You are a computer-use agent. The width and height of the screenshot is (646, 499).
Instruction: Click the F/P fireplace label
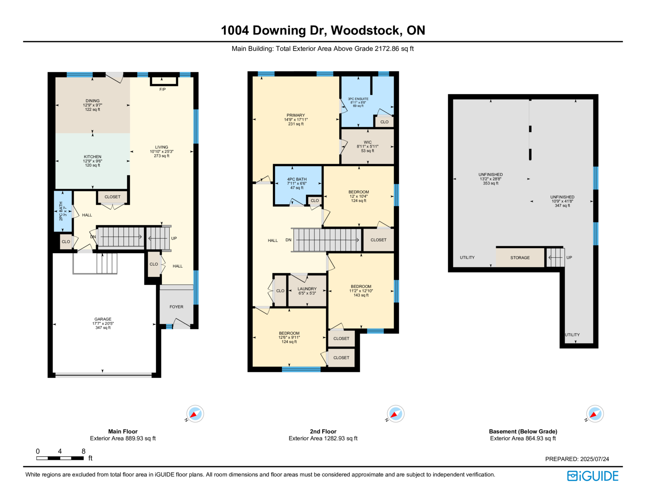[x=162, y=90]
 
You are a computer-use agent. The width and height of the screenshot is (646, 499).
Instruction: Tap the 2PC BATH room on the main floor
[x=63, y=211]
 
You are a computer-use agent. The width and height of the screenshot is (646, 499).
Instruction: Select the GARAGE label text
[x=103, y=319]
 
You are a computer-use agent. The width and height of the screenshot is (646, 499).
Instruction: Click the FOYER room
[x=176, y=307]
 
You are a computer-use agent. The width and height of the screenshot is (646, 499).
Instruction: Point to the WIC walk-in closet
[x=367, y=146]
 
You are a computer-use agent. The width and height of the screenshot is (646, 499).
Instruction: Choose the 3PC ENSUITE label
[x=358, y=99]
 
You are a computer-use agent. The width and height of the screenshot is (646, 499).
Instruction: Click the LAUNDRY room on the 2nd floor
[x=307, y=291]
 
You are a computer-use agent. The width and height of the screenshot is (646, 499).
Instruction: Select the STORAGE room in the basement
[x=520, y=258]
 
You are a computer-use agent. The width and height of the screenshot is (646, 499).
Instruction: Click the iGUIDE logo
[x=592, y=476]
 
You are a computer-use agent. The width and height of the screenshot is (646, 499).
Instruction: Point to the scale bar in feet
[x=60, y=458]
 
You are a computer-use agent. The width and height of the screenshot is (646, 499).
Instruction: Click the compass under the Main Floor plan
[x=195, y=414]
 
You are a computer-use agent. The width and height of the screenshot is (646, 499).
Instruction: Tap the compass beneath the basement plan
[x=595, y=414]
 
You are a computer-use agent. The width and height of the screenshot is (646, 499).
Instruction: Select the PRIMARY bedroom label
[x=296, y=115]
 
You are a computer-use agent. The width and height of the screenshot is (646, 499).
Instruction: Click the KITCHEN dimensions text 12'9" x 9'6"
[x=92, y=161]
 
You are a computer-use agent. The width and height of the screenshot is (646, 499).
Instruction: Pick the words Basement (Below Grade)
[x=523, y=432]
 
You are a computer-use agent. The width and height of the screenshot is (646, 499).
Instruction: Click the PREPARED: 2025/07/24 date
[x=577, y=459]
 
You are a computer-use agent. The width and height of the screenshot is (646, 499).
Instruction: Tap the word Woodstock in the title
[x=367, y=31]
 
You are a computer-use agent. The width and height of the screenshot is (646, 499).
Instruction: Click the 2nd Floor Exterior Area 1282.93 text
[x=323, y=438]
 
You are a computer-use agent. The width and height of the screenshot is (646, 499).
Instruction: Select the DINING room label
[x=92, y=101]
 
